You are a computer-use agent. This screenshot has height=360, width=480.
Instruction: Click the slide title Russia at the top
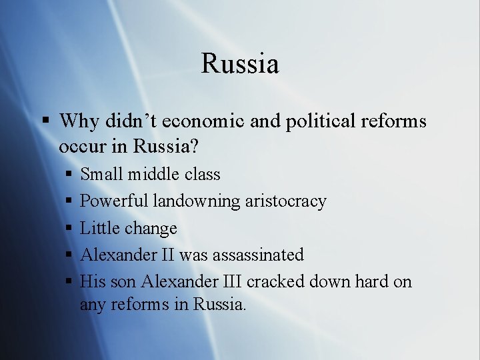pos(239,65)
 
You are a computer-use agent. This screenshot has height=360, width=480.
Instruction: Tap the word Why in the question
pos(79,121)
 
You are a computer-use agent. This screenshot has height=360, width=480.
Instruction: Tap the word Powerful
pos(113,201)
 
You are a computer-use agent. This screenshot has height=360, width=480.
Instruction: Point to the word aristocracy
pos(285,201)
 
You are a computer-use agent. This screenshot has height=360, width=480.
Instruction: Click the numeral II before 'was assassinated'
pos(167,255)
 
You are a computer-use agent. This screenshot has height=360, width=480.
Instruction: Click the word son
pos(122,281)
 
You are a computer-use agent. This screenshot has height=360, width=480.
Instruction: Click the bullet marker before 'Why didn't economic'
pos(45,121)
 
